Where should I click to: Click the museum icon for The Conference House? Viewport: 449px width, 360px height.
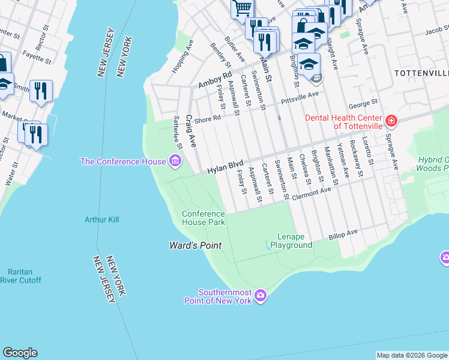click(175, 161)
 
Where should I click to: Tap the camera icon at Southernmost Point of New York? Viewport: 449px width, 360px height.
click(260, 295)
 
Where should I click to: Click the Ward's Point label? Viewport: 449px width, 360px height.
click(194, 245)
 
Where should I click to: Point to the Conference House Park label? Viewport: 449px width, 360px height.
click(203, 218)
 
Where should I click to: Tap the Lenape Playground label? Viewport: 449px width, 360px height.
click(291, 241)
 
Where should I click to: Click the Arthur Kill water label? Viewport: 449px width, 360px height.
click(101, 220)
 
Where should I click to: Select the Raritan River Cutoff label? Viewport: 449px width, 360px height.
click(20, 276)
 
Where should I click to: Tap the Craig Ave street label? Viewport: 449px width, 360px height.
click(191, 131)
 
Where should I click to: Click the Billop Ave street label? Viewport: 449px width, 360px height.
click(343, 235)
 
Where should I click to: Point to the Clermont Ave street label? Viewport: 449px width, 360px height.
click(312, 191)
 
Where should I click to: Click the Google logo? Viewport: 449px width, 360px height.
click(20, 353)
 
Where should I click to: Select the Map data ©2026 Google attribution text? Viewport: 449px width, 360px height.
click(411, 355)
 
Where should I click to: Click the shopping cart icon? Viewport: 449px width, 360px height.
click(243, 8)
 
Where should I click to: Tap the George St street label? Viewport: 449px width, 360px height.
click(364, 103)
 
